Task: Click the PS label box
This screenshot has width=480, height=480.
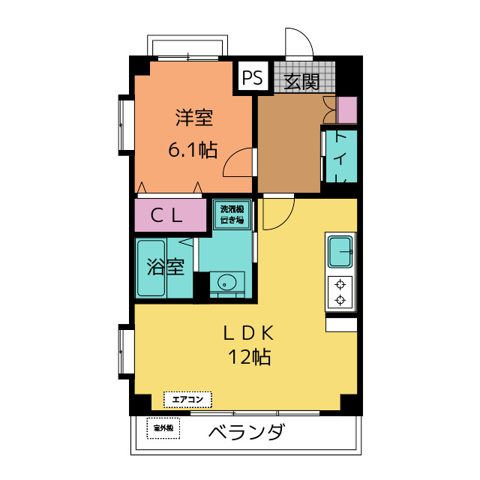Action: click(252, 77)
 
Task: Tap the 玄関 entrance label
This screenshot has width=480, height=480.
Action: click(302, 80)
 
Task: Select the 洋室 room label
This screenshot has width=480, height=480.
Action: click(194, 118)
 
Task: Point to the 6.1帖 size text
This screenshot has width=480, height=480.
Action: click(192, 150)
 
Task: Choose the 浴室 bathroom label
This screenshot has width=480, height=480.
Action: click(165, 267)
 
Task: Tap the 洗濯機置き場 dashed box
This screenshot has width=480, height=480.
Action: click(232, 214)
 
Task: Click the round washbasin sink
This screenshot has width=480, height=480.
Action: click(226, 283)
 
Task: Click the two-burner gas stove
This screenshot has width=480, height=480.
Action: click(341, 292)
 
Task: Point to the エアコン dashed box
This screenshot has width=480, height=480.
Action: click(187, 399)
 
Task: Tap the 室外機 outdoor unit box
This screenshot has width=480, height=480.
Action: click(163, 428)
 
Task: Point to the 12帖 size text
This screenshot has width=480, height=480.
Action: click(250, 358)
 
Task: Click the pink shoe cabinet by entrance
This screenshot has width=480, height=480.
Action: click(347, 110)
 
